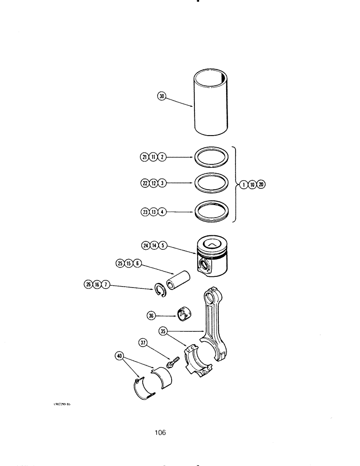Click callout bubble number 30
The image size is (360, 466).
(x=162, y=96)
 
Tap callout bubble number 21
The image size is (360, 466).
(x=143, y=158)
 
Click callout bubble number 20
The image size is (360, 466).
(x=261, y=184)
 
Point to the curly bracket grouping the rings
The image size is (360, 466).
(x=236, y=184)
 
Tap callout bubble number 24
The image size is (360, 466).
(x=145, y=245)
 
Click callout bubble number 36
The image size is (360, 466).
(x=151, y=315)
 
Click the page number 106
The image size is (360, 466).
(x=160, y=432)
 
